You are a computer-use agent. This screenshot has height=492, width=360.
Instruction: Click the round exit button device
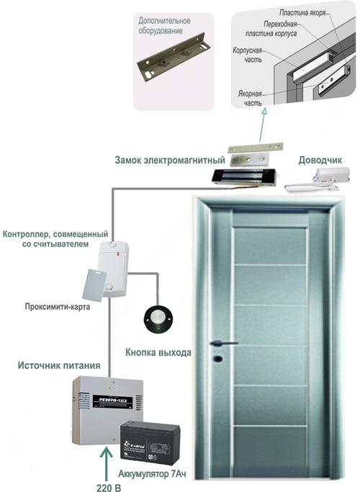(158, 319)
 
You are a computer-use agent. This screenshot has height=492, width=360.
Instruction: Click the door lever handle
(224, 344)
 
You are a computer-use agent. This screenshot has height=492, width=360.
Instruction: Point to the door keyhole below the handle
(217, 358)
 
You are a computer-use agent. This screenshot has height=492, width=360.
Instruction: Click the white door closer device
(317, 180)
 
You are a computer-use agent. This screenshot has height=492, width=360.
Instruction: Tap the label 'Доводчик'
(320, 160)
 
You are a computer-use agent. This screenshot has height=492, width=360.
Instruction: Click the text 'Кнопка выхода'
(158, 352)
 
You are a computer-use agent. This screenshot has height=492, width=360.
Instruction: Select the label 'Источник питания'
(59, 365)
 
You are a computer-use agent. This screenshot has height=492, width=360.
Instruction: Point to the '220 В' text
(109, 488)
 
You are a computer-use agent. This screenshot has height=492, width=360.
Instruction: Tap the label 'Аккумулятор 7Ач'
(152, 474)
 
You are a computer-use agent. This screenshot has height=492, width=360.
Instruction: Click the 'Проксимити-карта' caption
(58, 307)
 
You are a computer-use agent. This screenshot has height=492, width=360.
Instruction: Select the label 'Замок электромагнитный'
(170, 160)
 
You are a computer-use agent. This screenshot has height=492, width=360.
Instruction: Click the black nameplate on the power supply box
(112, 401)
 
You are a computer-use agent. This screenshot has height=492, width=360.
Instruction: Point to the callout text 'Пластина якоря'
(302, 13)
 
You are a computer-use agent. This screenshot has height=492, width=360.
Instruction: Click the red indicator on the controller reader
(117, 253)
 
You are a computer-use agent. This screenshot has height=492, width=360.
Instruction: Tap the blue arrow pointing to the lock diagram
(262, 125)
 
